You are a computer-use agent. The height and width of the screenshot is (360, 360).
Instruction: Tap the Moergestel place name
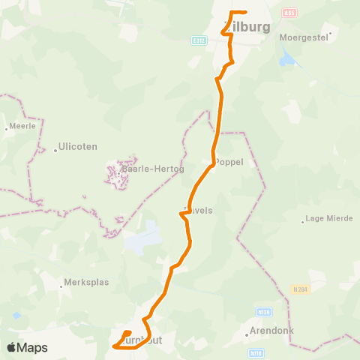[x=304, y=36]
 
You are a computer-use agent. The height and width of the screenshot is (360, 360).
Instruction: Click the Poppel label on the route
[x=229, y=161]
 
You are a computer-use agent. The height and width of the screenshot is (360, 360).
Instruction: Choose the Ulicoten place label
[x=78, y=147]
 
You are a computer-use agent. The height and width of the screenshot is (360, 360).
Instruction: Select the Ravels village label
[x=198, y=211]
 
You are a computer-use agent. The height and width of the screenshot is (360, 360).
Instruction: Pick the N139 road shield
[x=262, y=311]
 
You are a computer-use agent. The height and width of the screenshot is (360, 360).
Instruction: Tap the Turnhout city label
[x=142, y=340]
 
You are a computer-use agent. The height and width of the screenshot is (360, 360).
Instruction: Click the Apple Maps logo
[x=27, y=347]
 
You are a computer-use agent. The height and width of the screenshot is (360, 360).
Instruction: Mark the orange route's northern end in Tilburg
[x=245, y=12]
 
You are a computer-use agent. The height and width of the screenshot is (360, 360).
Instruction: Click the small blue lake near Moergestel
[x=286, y=59]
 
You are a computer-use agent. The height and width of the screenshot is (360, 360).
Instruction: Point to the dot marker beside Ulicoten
[x=55, y=150]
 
